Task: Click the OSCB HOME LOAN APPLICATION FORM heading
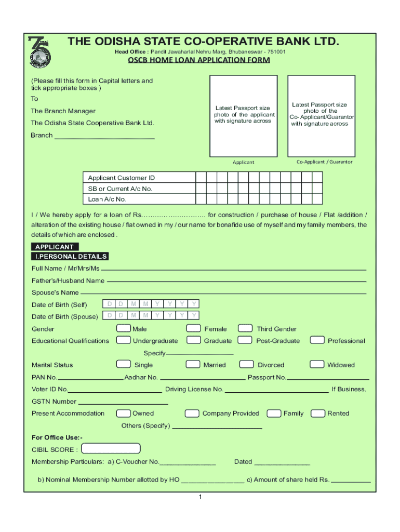point(199,60)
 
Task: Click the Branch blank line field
point(104,136)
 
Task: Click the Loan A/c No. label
point(107,199)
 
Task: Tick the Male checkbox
point(124,328)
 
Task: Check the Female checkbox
point(194,328)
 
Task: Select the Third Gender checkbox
point(245,328)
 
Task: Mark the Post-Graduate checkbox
point(245,340)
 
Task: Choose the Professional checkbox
point(317,340)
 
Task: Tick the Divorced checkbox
point(245,364)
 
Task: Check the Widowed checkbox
point(317,364)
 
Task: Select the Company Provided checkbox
point(192,413)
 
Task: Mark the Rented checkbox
point(317,413)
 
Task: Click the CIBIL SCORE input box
point(111,448)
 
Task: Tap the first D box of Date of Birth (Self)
point(110,303)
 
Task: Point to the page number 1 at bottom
point(199,497)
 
